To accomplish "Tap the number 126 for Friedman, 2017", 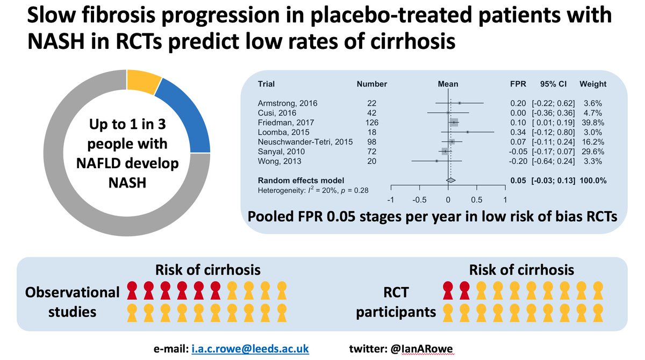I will coord(371,122).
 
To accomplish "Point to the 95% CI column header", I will coord(554,84).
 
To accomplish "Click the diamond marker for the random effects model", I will coord(450,181).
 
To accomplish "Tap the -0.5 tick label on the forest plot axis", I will coord(419,200).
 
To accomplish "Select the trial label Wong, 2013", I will coord(278,161).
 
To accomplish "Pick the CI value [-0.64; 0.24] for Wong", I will coord(554,161).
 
